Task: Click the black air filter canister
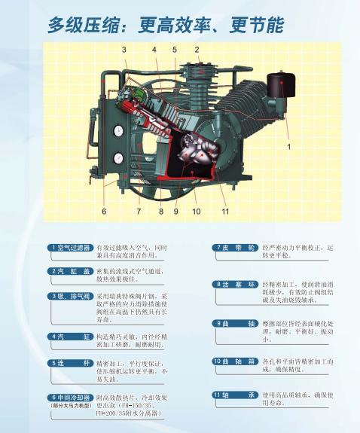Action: tap(281, 84)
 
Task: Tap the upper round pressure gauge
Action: tap(118, 131)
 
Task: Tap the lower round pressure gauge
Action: tap(118, 158)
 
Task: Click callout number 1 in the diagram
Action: tap(289, 147)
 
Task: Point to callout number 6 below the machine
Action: tap(104, 212)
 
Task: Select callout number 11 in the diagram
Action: tap(225, 212)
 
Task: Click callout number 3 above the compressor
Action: tap(124, 50)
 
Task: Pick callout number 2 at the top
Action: tap(197, 50)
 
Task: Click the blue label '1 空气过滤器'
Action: tap(71, 248)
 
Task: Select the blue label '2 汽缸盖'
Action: tap(71, 271)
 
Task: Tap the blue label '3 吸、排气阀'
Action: tap(71, 297)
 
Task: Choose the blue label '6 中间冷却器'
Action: tap(71, 398)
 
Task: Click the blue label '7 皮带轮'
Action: tap(235, 248)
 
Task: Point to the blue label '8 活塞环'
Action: tap(235, 285)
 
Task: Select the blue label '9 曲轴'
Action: tap(235, 323)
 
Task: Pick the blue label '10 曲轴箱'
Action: tap(235, 361)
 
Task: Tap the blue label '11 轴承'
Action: tap(235, 395)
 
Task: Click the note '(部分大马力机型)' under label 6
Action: tap(72, 406)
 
